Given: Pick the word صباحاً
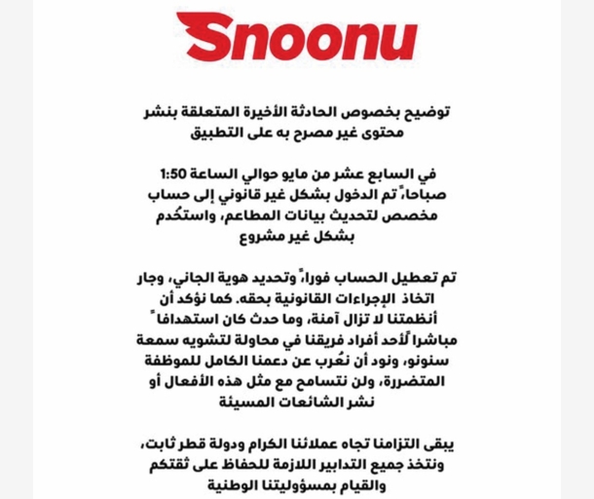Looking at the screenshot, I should [428, 195].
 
